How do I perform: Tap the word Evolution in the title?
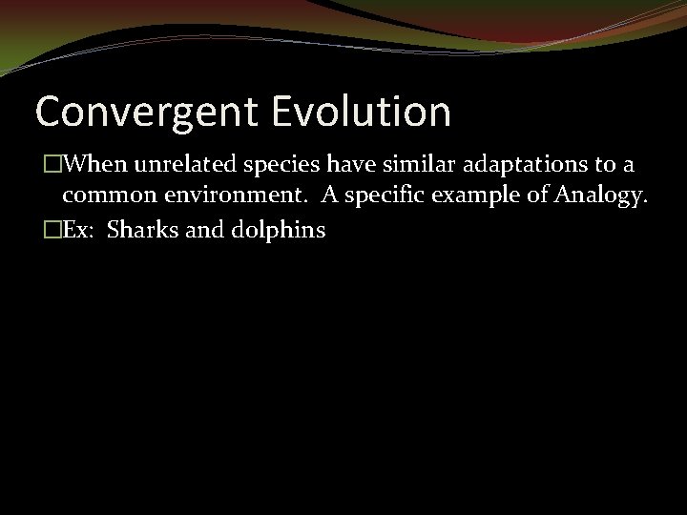coord(361,112)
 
